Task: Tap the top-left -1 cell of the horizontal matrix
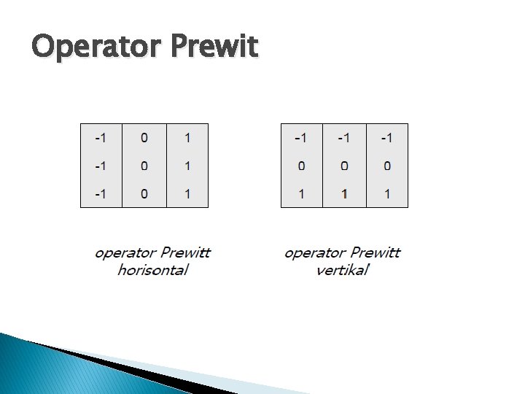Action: click(101, 137)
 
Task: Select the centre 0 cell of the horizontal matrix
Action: click(144, 166)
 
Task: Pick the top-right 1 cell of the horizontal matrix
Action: click(187, 137)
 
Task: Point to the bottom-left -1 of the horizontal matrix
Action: click(101, 194)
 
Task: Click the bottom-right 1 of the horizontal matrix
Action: click(187, 194)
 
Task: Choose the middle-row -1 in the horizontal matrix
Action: click(101, 166)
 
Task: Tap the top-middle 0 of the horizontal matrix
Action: click(144, 137)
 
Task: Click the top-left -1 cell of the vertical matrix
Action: click(300, 137)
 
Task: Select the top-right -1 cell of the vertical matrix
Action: click(386, 137)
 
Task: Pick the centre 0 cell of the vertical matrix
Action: click(344, 166)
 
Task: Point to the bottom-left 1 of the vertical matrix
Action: click(302, 194)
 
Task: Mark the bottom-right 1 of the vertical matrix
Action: click(387, 194)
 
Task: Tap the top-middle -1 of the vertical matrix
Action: click(344, 137)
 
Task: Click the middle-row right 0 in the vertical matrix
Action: click(387, 166)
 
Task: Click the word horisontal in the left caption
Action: click(153, 270)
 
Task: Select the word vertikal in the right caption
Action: click(343, 270)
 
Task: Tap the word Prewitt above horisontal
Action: click(185, 253)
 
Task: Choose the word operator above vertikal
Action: click(314, 253)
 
